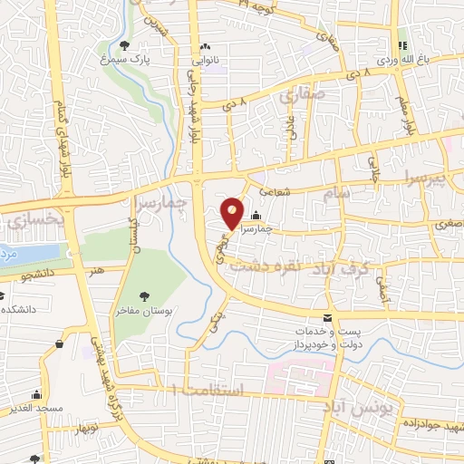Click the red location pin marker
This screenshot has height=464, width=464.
pyautogui.click(x=233, y=214)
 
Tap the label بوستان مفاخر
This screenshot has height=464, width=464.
pyautogui.click(x=145, y=311)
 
